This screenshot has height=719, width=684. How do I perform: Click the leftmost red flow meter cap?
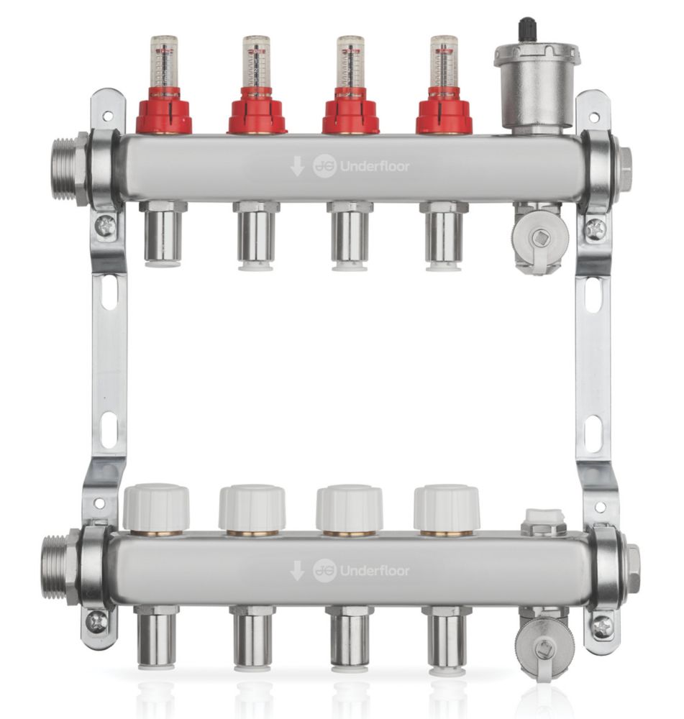(x=164, y=114)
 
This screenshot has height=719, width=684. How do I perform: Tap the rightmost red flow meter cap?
(x=444, y=114)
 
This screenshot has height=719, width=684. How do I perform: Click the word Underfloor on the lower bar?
(x=374, y=571)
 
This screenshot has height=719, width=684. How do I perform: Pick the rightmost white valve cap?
(x=447, y=508)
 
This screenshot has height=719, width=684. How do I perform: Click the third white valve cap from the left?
(x=349, y=508)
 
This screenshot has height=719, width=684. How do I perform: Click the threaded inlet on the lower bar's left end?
(x=57, y=567)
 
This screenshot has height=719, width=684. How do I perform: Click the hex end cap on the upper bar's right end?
(x=625, y=169)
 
